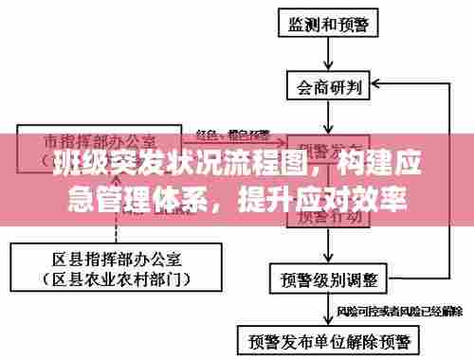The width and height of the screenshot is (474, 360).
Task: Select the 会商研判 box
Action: [x=329, y=87]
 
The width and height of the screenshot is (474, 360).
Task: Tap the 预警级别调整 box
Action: [x=329, y=279]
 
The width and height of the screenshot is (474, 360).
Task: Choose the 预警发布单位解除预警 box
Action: [x=330, y=339]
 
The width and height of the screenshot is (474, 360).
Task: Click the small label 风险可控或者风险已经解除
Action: [x=398, y=310]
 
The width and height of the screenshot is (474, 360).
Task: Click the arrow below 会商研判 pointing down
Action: [x=329, y=118]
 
